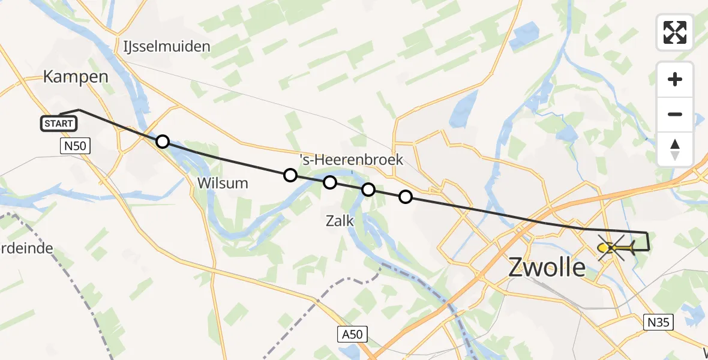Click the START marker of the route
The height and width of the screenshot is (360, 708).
point(59,124)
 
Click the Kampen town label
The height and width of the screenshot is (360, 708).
point(76,77)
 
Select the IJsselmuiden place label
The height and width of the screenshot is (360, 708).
point(166,46)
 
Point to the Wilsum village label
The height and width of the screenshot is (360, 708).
point(222,183)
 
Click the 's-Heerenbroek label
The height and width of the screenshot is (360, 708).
point(352,160)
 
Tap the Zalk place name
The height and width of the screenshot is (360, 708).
point(339,221)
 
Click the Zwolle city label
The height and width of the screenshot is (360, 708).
point(547,267)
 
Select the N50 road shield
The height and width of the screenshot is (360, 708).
point(75,145)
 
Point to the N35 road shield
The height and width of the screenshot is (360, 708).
point(659,322)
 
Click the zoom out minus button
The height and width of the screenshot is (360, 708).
point(675,114)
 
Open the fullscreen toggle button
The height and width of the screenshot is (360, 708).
point(675,32)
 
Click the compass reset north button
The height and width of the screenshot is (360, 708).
point(675,149)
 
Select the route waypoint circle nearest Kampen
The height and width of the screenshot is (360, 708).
point(162,142)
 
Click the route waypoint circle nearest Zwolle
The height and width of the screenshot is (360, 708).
point(406,197)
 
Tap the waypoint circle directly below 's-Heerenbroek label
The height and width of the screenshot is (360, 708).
point(329,182)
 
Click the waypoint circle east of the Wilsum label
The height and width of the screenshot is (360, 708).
point(290,175)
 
